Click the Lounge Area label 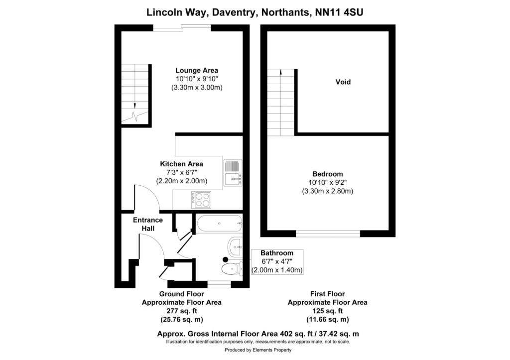197,70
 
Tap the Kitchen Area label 181,164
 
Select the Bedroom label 328,174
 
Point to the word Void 343,82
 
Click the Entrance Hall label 148,224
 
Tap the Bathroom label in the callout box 277,253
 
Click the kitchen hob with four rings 201,200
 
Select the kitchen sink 233,173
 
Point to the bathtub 219,224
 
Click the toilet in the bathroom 232,269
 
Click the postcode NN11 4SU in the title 339,12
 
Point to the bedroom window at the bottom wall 328,233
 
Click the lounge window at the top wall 182,28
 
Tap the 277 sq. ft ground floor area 182,311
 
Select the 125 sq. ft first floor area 328,311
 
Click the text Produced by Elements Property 258,350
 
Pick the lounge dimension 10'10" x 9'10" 197,79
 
